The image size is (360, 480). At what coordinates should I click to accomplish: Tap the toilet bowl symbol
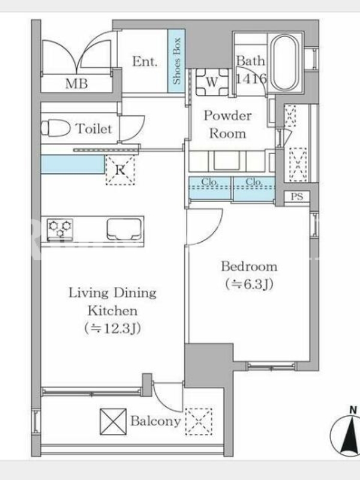pyautogui.click(x=56, y=128)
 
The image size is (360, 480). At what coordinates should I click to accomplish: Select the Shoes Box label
pyautogui.click(x=176, y=61)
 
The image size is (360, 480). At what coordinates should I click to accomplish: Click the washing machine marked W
pyautogui.click(x=212, y=82)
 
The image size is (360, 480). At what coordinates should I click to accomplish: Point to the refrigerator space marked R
pyautogui.click(x=120, y=170)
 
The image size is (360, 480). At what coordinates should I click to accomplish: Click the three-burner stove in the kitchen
pyautogui.click(x=60, y=229)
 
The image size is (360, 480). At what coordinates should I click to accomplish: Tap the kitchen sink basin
pyautogui.click(x=124, y=229)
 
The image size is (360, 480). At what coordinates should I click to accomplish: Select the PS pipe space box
pyautogui.click(x=296, y=196)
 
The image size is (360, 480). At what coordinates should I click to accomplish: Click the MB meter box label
pyautogui.click(x=77, y=83)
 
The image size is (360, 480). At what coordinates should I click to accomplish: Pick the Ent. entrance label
pyautogui.click(x=145, y=62)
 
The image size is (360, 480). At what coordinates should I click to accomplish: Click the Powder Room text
pyautogui.click(x=228, y=125)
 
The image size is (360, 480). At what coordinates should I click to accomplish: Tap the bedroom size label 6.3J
pyautogui.click(x=250, y=284)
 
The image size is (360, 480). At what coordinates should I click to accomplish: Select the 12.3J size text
pyautogui.click(x=113, y=328)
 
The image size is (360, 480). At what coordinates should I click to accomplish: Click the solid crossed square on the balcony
pyautogui.click(x=113, y=422)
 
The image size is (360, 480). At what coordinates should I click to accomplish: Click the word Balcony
pyautogui.click(x=155, y=421)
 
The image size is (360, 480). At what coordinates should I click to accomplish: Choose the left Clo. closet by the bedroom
pyautogui.click(x=209, y=188)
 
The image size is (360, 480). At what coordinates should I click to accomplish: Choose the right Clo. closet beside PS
pyautogui.click(x=254, y=188)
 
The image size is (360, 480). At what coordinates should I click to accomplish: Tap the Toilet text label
pyautogui.click(x=94, y=128)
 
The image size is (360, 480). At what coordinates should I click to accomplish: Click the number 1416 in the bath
pyautogui.click(x=251, y=79)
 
